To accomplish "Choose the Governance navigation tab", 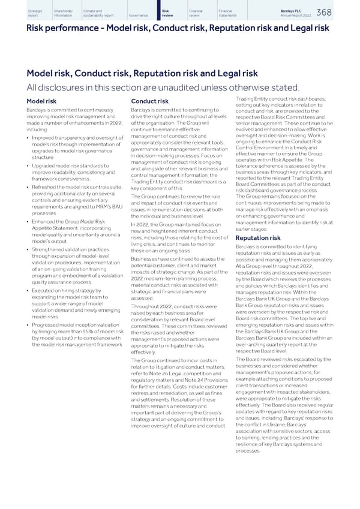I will coord(139,15).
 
